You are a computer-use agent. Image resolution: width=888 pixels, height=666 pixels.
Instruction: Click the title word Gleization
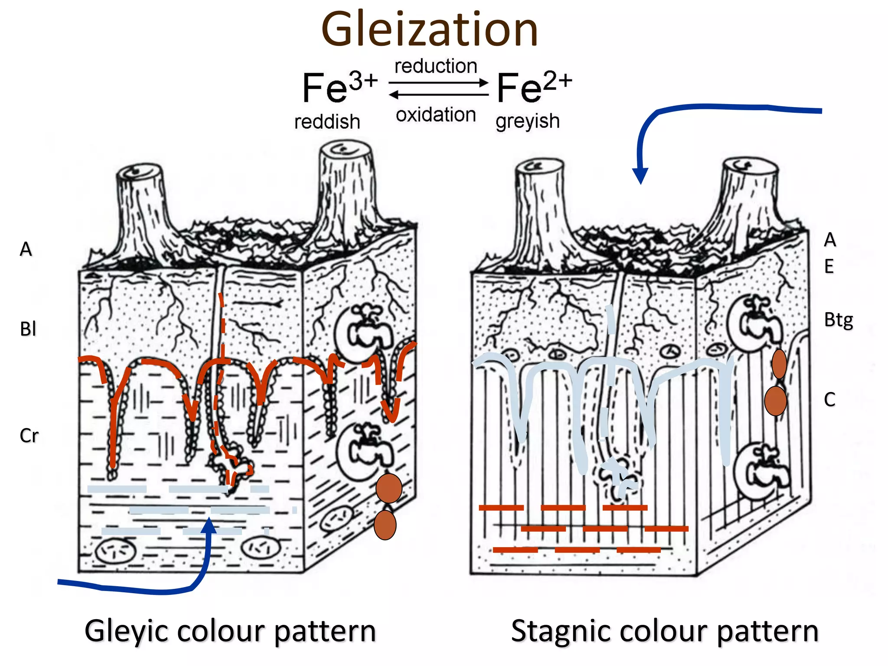click(429, 29)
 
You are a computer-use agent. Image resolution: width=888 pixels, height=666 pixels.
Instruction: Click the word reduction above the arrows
click(435, 66)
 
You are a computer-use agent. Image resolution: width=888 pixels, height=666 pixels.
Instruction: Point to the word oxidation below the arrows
click(435, 115)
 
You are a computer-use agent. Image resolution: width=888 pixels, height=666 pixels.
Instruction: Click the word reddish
click(327, 122)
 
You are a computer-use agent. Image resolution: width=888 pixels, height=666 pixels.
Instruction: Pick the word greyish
click(527, 121)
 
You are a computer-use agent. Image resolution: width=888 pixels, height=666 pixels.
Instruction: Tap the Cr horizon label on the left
click(29, 435)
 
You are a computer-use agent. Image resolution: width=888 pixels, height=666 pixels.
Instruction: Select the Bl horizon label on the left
click(28, 329)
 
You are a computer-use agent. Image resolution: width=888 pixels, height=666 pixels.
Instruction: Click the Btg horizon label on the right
click(838, 320)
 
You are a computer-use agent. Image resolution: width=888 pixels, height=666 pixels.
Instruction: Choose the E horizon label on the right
click(829, 266)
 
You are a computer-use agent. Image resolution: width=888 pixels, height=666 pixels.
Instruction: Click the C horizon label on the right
click(829, 399)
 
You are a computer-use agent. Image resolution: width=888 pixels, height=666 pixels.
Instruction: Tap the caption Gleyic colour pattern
click(230, 631)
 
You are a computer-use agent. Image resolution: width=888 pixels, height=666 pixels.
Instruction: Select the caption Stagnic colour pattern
click(664, 631)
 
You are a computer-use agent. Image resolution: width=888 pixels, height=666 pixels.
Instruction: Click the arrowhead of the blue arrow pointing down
click(640, 176)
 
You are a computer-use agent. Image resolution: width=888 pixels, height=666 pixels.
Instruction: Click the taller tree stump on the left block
click(347, 186)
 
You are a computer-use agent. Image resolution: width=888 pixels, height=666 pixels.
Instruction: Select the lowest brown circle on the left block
click(385, 525)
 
